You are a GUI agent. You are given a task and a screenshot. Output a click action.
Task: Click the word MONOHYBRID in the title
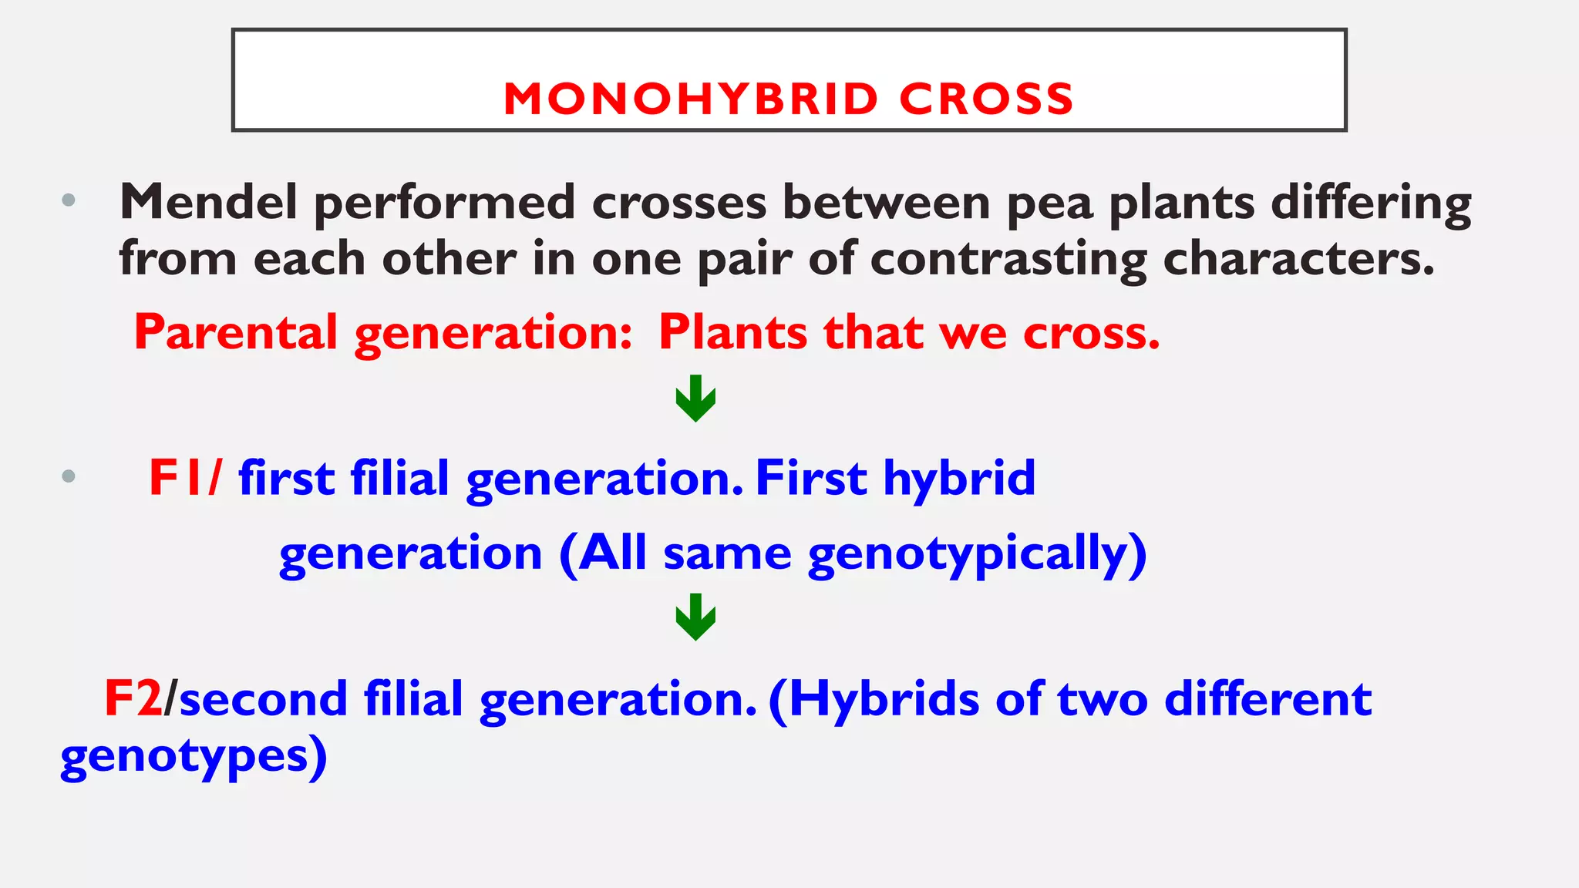click(691, 99)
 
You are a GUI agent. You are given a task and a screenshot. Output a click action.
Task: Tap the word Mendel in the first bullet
click(208, 202)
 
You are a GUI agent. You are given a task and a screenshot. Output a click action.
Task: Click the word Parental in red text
click(236, 332)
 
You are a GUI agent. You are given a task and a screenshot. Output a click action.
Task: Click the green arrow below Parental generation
click(695, 399)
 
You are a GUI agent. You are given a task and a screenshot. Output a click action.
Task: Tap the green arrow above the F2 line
click(695, 617)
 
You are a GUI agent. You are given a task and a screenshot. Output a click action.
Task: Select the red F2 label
click(133, 698)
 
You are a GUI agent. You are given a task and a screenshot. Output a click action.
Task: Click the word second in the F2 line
click(263, 698)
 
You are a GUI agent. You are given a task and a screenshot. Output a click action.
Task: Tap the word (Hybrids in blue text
click(874, 700)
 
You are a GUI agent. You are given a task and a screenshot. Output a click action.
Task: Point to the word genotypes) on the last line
click(194, 757)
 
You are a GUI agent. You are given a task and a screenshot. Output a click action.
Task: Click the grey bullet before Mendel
click(69, 200)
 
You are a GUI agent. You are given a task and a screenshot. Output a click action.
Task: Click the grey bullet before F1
click(69, 476)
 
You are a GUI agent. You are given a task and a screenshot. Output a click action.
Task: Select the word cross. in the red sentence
click(1091, 333)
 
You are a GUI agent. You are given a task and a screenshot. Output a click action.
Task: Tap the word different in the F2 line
click(1268, 698)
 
